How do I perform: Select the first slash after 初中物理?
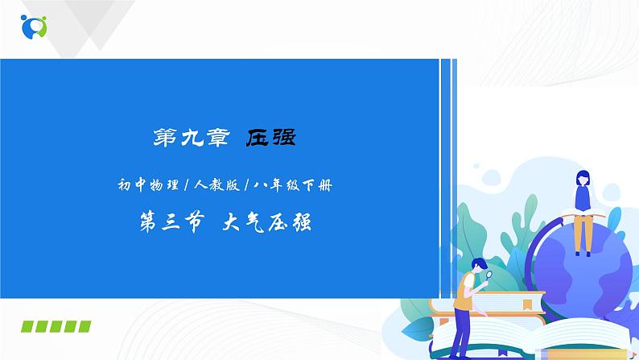186,186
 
